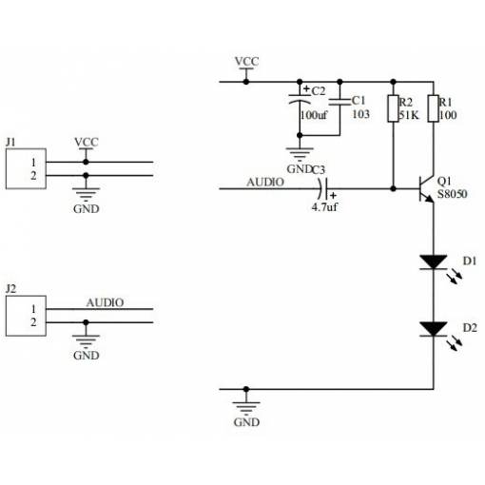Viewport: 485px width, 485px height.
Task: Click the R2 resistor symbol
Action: pos(393,108)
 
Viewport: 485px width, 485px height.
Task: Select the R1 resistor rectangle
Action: pos(434,108)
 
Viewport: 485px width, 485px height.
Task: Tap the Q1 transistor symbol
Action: pos(426,189)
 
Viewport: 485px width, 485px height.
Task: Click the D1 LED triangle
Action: pos(434,262)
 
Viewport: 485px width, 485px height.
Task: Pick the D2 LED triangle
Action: pos(434,329)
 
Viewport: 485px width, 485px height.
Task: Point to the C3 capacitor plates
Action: pos(323,189)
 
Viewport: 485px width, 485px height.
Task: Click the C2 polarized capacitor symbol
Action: pos(300,99)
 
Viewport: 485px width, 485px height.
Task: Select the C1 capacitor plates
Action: pos(339,102)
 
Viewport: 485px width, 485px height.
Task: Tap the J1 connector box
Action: pos(26,168)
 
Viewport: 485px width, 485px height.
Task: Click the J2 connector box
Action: pos(26,316)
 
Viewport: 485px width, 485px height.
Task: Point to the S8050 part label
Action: pos(453,194)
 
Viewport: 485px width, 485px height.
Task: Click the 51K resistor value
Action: pos(409,115)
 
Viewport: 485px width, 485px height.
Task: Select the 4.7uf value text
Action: pos(324,207)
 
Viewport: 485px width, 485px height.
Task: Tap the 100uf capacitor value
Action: pos(314,115)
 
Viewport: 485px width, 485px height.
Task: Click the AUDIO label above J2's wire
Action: pos(105,302)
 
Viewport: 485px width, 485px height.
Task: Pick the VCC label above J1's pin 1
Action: pos(87,142)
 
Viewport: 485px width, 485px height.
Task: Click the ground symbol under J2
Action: pos(86,341)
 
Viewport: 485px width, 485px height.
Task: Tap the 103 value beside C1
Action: pos(361,114)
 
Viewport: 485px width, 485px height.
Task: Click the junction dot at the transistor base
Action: pos(393,189)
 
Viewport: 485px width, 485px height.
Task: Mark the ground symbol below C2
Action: pos(300,155)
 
